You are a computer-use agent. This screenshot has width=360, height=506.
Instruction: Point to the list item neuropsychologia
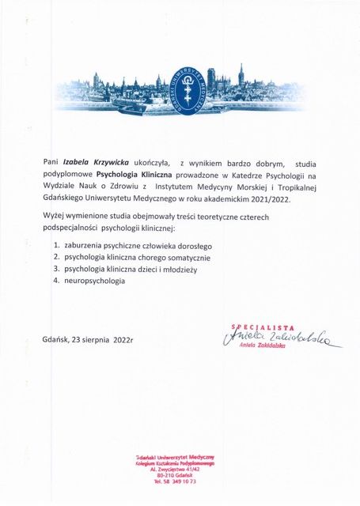click(x=95, y=281)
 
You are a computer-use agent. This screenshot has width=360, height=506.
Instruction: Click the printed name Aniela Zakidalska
click(x=265, y=353)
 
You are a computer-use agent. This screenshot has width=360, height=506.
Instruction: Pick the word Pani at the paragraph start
click(x=51, y=160)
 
